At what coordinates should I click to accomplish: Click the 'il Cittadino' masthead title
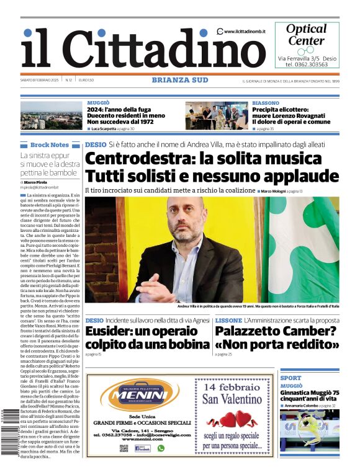coord(133,48)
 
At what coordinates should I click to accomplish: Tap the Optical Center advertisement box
coord(307,45)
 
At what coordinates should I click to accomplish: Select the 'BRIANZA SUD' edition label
coord(179,80)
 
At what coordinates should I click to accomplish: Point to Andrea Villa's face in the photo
coord(186,220)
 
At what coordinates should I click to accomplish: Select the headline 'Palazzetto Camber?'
coord(276,331)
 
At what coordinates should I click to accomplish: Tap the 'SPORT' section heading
coord(290,378)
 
